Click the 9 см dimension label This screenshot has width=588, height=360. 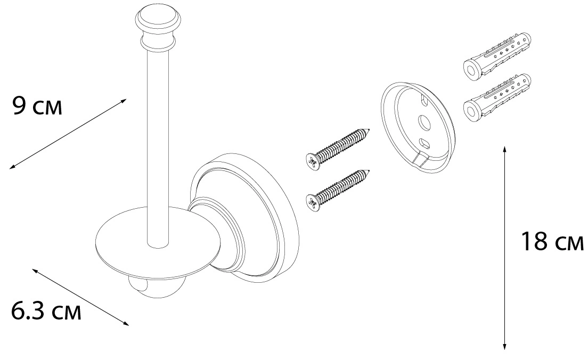[37, 106]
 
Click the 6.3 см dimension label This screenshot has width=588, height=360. [46, 311]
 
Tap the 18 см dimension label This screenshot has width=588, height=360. [552, 241]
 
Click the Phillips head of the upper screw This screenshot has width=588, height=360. [313, 162]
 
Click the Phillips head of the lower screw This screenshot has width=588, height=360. [313, 203]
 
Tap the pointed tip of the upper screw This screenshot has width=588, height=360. [371, 129]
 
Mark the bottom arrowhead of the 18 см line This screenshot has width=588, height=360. [505, 348]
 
